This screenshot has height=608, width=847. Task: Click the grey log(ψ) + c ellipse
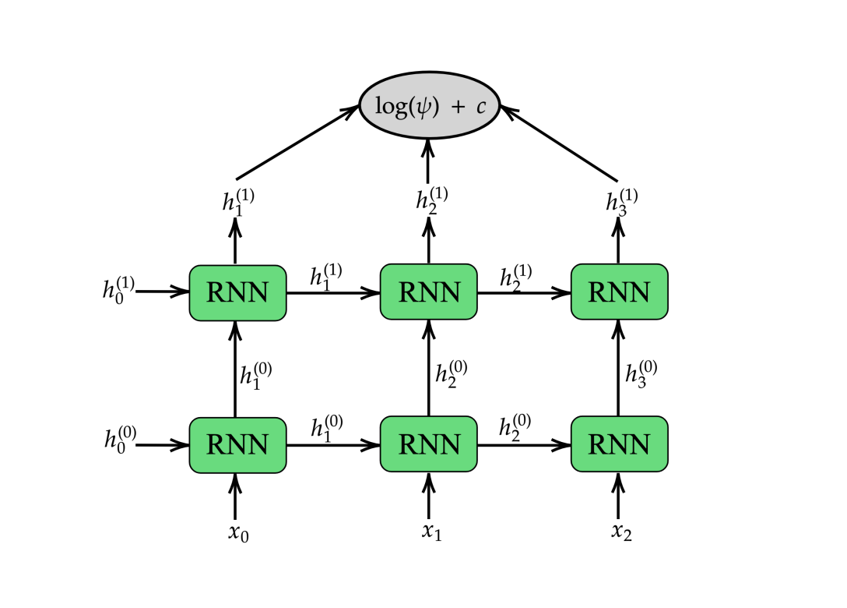(x=429, y=105)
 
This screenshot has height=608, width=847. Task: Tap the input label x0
(x=238, y=534)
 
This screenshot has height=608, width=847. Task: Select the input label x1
(x=431, y=533)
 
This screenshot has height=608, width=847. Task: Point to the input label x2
(x=621, y=534)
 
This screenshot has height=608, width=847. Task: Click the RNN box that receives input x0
(x=237, y=444)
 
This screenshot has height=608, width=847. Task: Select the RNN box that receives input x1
(x=428, y=444)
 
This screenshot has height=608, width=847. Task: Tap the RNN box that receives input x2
(x=619, y=444)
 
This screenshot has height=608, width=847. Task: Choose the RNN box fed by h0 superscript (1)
(x=237, y=292)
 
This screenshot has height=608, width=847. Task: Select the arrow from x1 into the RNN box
(x=428, y=497)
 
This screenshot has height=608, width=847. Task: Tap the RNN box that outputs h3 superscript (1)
(x=619, y=292)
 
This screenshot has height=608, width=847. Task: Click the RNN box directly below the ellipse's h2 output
(x=428, y=292)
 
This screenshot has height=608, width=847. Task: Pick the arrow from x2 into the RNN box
(x=619, y=497)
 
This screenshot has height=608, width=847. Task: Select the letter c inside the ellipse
(x=481, y=106)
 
